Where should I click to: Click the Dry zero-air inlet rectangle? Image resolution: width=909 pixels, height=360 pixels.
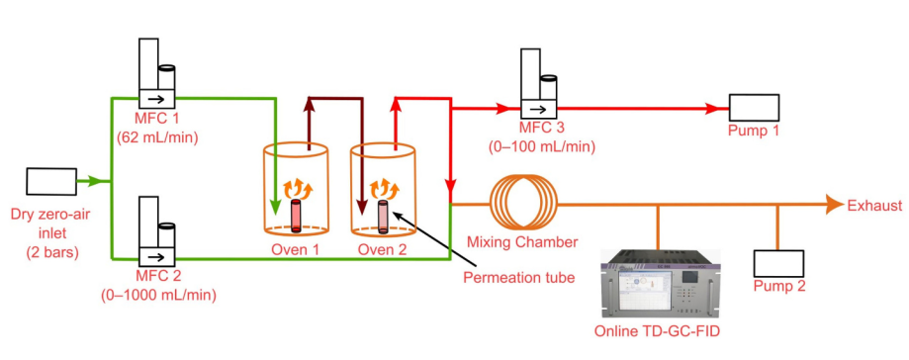coord(51,181)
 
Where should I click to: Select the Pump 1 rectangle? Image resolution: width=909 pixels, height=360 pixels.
coord(754,107)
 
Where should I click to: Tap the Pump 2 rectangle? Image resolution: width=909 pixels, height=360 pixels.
coord(778,264)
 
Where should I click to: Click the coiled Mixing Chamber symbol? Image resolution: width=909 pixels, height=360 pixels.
coord(523,204)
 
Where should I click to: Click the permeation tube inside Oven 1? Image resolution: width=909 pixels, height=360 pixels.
coord(296,216)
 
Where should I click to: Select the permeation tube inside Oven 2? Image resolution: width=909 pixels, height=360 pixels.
coord(383,217)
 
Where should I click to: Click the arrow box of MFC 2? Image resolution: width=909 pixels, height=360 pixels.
coord(156,255)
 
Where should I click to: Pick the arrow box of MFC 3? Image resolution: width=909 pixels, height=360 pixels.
coord(538,109)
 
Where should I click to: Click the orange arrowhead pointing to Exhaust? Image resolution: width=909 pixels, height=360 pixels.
coord(835,204)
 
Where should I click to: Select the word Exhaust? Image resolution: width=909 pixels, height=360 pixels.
coord(874,205)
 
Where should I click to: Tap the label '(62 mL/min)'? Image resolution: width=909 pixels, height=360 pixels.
coord(157,138)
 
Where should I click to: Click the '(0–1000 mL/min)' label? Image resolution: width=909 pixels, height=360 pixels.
coord(157,295)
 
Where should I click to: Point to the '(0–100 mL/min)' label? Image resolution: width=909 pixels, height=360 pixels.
coord(542,146)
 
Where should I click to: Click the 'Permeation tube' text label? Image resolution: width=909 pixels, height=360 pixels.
coord(519,278)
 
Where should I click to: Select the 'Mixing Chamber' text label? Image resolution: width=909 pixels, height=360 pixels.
coord(522,241)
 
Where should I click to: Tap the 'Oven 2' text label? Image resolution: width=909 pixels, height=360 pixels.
coord(383,249)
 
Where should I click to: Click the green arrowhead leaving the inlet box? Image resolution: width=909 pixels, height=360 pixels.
coord(96,181)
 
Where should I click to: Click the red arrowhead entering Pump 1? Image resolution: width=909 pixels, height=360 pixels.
coord(714,108)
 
